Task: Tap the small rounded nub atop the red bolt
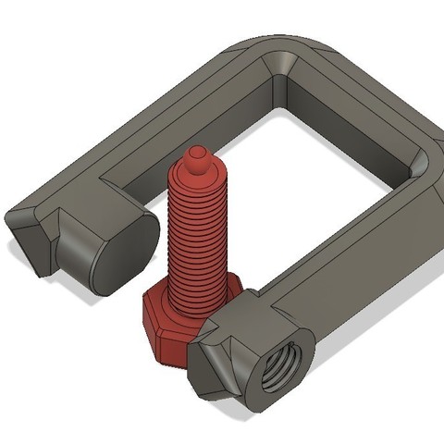197,154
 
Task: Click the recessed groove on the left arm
176,139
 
